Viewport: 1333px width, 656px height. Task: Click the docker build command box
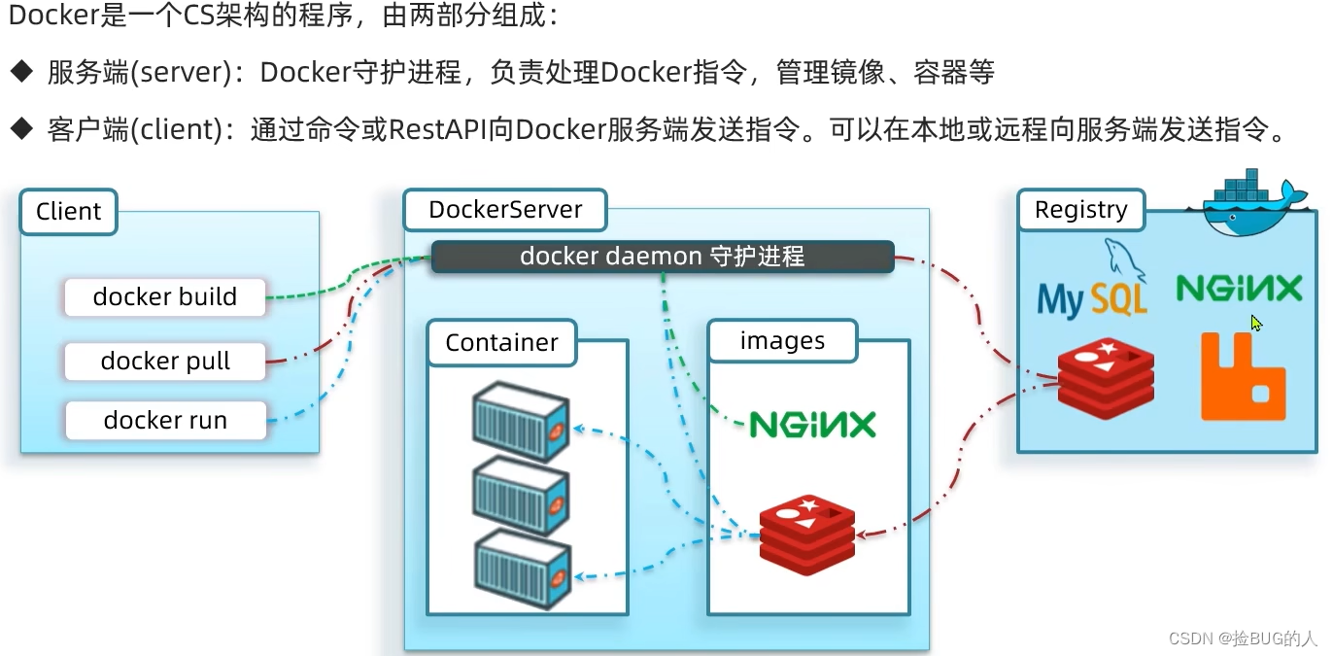tap(165, 297)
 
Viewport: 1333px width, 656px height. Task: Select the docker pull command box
tap(165, 362)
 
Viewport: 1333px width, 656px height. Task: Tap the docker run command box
tap(165, 421)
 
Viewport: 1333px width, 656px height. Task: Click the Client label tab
tap(68, 212)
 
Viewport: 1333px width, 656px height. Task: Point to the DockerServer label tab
tap(505, 210)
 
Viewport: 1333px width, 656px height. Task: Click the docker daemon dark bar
tap(662, 257)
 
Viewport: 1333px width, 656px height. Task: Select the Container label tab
tap(501, 343)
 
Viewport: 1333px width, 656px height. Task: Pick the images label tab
tap(782, 341)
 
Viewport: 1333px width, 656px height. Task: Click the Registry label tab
tap(1080, 210)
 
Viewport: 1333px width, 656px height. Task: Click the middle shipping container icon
tap(520, 496)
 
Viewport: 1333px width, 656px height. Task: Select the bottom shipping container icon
tap(520, 568)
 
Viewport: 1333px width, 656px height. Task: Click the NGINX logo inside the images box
tap(812, 425)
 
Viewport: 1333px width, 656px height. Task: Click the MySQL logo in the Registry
tap(1092, 288)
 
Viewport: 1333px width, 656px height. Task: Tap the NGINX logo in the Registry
tap(1239, 289)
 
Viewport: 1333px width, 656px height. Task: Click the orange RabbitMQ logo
tap(1243, 376)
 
